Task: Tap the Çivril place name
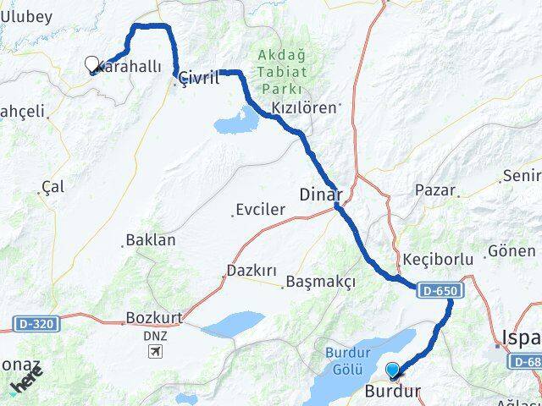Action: [200, 78]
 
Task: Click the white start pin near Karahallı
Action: [92, 63]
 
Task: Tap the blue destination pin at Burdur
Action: [392, 370]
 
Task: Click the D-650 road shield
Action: [440, 290]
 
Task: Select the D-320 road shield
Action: [36, 322]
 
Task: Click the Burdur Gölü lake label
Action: [348, 361]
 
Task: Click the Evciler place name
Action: [261, 210]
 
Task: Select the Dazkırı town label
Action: [252, 271]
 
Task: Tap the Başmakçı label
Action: [321, 281]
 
